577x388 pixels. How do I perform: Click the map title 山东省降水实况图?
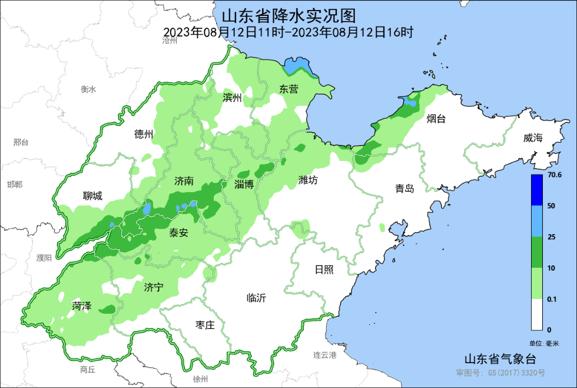pos(288,14)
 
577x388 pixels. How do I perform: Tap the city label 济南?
pos(184,182)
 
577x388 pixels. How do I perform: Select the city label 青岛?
pos(404,189)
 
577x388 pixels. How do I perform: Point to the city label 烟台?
pos(436,119)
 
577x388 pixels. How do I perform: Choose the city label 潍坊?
pos(308,180)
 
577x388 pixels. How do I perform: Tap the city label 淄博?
pos(244,184)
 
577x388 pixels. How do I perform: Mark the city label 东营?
pos(288,90)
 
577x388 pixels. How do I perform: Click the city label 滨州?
pos(232,98)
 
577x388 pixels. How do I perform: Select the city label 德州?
pos(144,134)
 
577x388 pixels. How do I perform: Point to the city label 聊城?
pos(92,196)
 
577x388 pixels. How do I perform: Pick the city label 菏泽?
pos(81,306)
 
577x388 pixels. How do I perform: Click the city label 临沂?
pos(256,298)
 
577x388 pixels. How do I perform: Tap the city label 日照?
pos(324,269)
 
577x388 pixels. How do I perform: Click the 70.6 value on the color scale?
pos(555,175)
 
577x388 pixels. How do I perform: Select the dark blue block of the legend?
pos(536,189)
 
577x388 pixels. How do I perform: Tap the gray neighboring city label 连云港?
pos(324,355)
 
